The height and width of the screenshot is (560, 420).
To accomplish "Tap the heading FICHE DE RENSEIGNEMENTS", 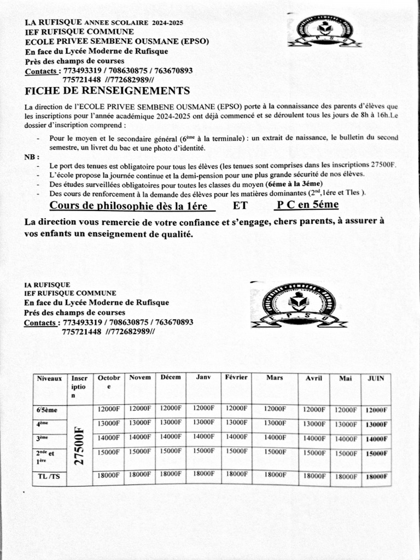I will tap(108, 91).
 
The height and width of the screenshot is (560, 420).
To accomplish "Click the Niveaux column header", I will tap(49, 378).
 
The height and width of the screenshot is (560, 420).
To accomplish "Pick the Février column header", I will tap(236, 377).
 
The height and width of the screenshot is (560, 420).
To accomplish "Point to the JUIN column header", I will tap(376, 378).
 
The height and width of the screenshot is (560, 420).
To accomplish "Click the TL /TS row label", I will tap(49, 476).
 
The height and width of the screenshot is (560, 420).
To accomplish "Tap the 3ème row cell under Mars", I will tap(275, 437).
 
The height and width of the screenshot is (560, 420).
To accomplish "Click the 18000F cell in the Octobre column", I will tap(109, 475).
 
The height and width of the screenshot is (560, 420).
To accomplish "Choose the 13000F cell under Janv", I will tap(203, 423).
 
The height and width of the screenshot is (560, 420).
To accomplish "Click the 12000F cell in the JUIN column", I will tap(376, 410).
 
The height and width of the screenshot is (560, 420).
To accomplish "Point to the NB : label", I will tap(32, 157).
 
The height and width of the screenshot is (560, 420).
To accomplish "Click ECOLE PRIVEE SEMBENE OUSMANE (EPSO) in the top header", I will tap(116, 42).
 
